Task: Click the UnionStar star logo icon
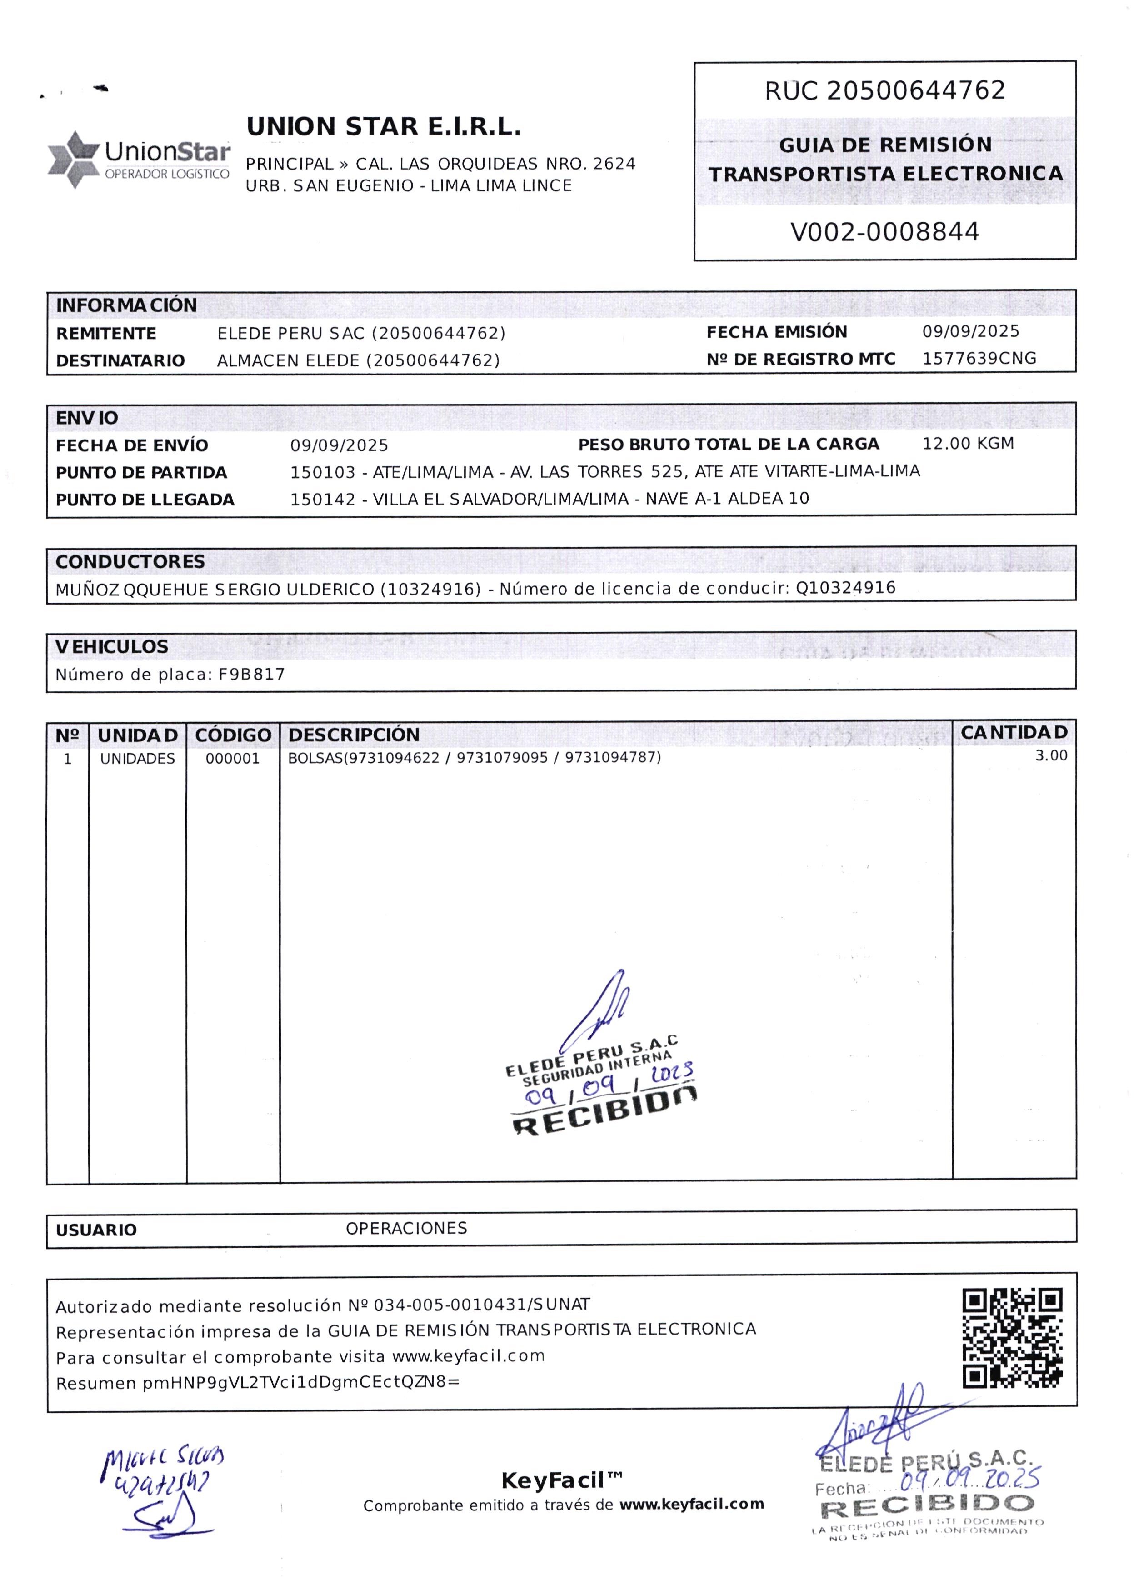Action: [73, 159]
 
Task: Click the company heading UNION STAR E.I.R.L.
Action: [383, 127]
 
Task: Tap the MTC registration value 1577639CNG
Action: [979, 359]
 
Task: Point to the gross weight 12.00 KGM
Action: [968, 444]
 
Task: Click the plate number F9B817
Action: [251, 674]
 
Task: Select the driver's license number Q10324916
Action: [845, 588]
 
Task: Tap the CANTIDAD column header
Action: [1013, 733]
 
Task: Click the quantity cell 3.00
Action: [1051, 755]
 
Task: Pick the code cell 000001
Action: [233, 758]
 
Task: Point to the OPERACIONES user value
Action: [406, 1228]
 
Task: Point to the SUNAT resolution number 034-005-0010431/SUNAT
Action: [482, 1305]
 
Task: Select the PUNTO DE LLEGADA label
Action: [145, 500]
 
